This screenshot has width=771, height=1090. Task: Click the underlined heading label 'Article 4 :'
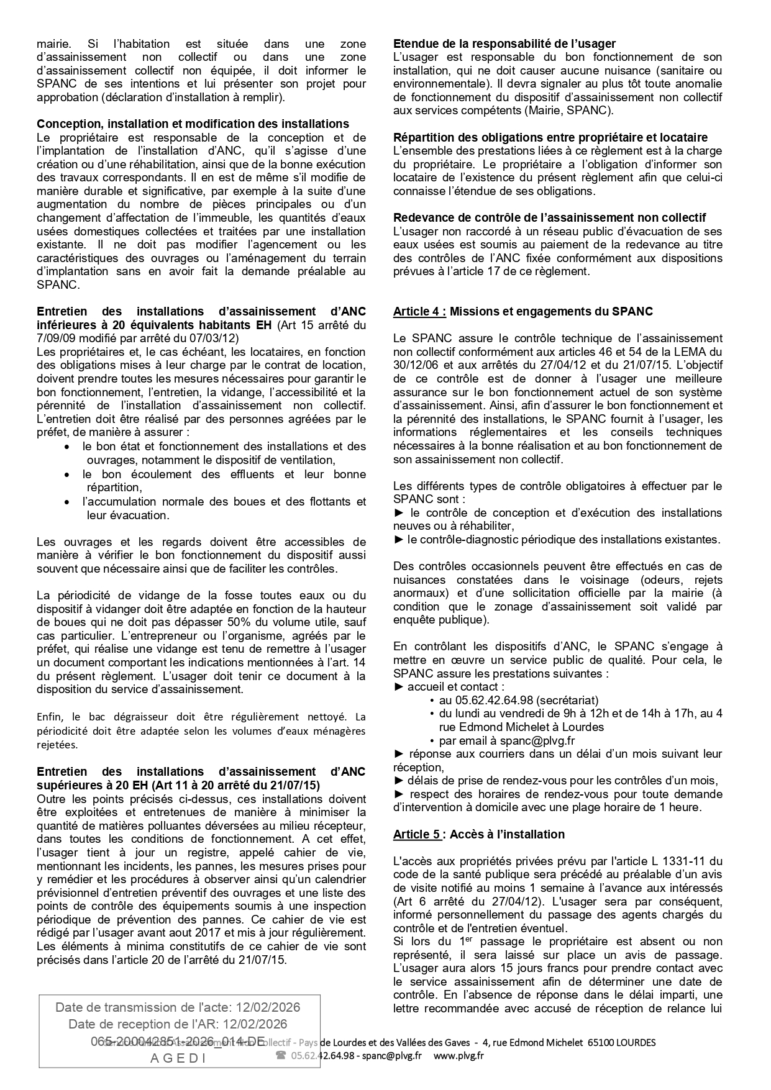(x=419, y=312)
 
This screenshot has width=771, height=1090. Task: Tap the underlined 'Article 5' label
(x=417, y=834)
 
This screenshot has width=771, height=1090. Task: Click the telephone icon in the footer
(x=281, y=1055)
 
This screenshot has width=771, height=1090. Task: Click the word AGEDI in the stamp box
(x=178, y=1059)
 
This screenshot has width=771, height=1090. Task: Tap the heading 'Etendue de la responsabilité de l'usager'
(x=504, y=43)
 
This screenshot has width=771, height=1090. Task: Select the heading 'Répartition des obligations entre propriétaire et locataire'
(x=550, y=137)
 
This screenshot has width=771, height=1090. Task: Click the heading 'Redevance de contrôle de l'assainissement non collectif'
(x=549, y=217)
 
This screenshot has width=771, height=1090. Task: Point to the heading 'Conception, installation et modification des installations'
(x=193, y=124)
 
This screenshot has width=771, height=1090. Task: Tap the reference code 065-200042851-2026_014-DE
(x=178, y=1041)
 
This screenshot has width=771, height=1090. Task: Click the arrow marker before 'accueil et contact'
(x=399, y=686)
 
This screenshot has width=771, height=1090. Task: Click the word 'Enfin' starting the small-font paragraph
(x=49, y=717)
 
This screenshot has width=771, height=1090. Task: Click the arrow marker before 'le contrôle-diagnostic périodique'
(x=399, y=539)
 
